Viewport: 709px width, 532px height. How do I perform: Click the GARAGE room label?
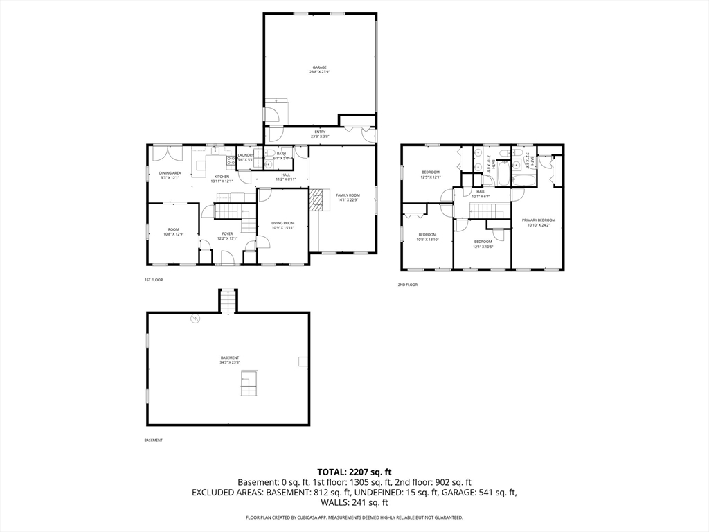[x=318, y=67]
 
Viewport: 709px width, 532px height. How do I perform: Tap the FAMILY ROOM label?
[x=348, y=195]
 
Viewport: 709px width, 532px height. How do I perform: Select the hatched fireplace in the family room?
[x=316, y=199]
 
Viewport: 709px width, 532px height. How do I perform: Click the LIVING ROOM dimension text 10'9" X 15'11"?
[x=282, y=228]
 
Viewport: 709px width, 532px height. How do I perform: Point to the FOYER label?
[x=227, y=233]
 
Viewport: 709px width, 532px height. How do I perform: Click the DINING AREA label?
[x=170, y=172]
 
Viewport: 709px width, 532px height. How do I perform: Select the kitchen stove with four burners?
[x=229, y=161]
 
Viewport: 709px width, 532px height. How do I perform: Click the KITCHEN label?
[x=222, y=176]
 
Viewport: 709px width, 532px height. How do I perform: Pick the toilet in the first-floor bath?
[x=267, y=154]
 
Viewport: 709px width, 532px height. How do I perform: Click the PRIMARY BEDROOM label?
[x=538, y=220]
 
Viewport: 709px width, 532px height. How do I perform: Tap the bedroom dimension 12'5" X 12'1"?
[x=431, y=177]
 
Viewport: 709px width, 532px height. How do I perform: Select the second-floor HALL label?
[x=481, y=191]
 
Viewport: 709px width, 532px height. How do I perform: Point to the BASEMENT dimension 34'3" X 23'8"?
[x=230, y=362]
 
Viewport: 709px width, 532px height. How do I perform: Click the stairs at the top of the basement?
[x=228, y=301]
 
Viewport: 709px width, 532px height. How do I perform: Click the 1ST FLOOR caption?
[x=153, y=280]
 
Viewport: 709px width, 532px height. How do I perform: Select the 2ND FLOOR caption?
[x=407, y=285]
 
